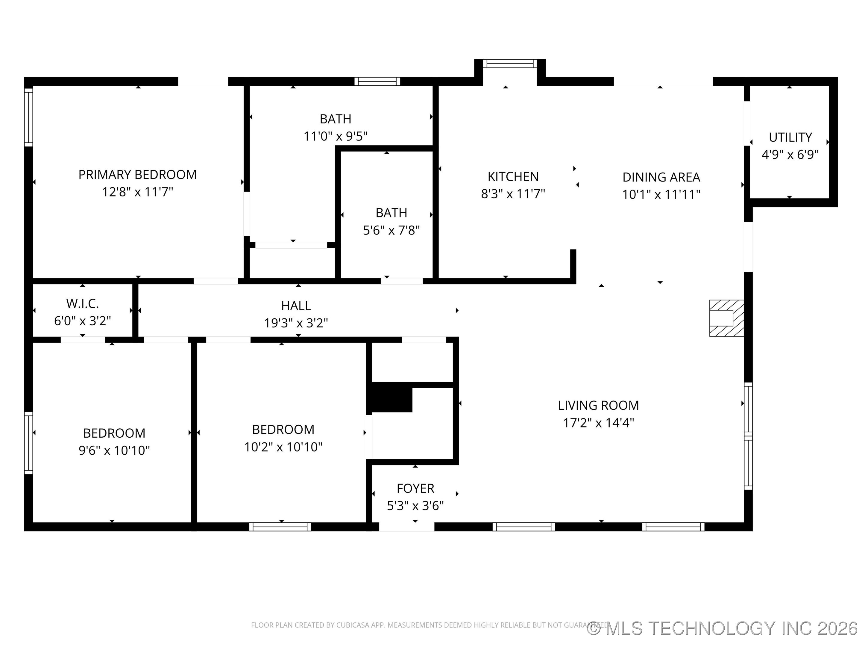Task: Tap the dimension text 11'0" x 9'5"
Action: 335,136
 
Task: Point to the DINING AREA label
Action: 661,177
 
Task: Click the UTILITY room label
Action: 790,137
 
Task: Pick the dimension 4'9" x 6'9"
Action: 790,155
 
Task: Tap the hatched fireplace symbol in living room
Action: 726,318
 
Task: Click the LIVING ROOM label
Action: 598,405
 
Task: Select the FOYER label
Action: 415,488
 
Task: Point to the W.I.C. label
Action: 82,303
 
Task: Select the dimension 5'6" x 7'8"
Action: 391,230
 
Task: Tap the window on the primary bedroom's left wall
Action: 28,117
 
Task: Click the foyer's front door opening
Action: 406,527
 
